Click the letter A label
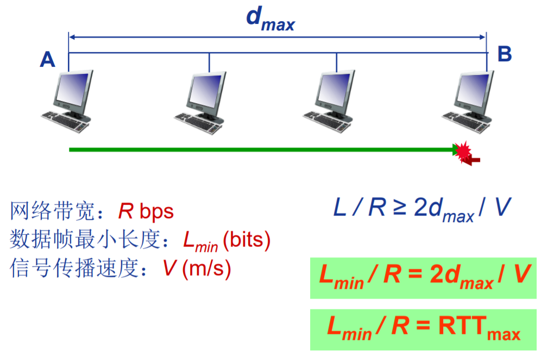48,59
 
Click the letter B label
505,54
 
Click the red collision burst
465,153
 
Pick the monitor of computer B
474,90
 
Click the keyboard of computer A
64,119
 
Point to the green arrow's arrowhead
456,149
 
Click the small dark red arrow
475,159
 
